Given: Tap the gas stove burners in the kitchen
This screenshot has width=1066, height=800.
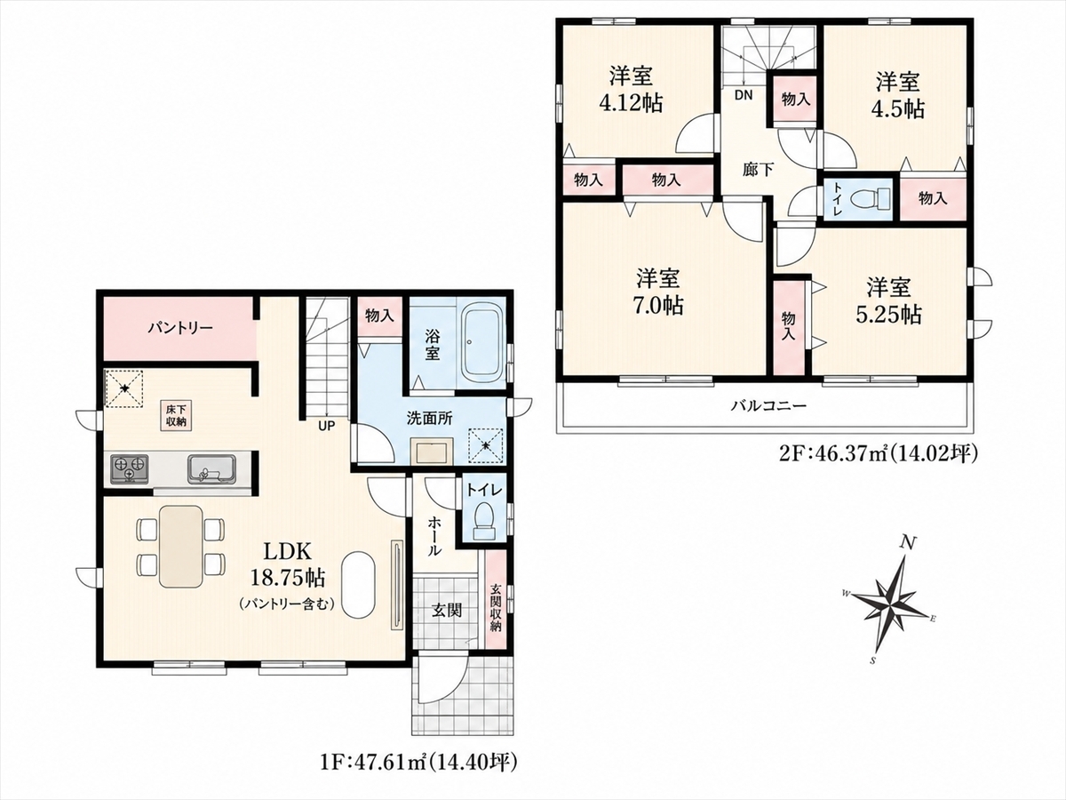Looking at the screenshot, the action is pyautogui.click(x=130, y=468).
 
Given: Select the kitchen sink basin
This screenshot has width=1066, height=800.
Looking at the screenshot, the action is pyautogui.click(x=212, y=468).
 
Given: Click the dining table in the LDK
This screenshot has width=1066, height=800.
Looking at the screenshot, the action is pyautogui.click(x=180, y=547).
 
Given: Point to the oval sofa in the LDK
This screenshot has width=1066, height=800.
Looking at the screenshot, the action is pyautogui.click(x=358, y=584).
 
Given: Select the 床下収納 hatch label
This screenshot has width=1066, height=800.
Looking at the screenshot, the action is pyautogui.click(x=177, y=415).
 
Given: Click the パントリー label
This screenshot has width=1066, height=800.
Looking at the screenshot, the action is pyautogui.click(x=180, y=328).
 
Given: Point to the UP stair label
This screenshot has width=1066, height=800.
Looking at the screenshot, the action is pyautogui.click(x=327, y=426).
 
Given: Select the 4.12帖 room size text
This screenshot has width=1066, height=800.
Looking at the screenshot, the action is pyautogui.click(x=631, y=103).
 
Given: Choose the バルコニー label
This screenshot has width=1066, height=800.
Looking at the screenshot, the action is pyautogui.click(x=768, y=405).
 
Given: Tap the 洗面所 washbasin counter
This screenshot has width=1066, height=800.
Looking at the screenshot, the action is pyautogui.click(x=432, y=451).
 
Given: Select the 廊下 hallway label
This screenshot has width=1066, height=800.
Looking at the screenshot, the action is pyautogui.click(x=758, y=169).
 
